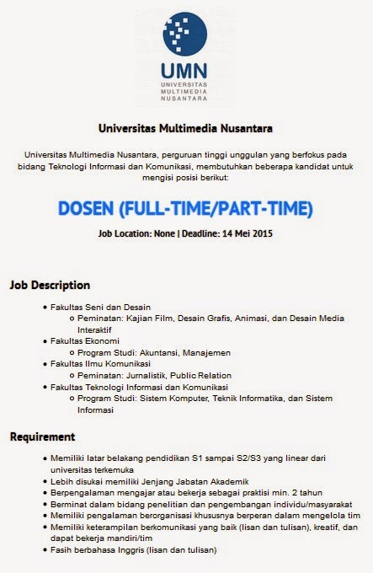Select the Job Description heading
point(50,284)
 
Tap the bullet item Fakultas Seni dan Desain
point(100,307)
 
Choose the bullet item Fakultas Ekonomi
point(87,340)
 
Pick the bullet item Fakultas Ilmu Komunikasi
point(100,363)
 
